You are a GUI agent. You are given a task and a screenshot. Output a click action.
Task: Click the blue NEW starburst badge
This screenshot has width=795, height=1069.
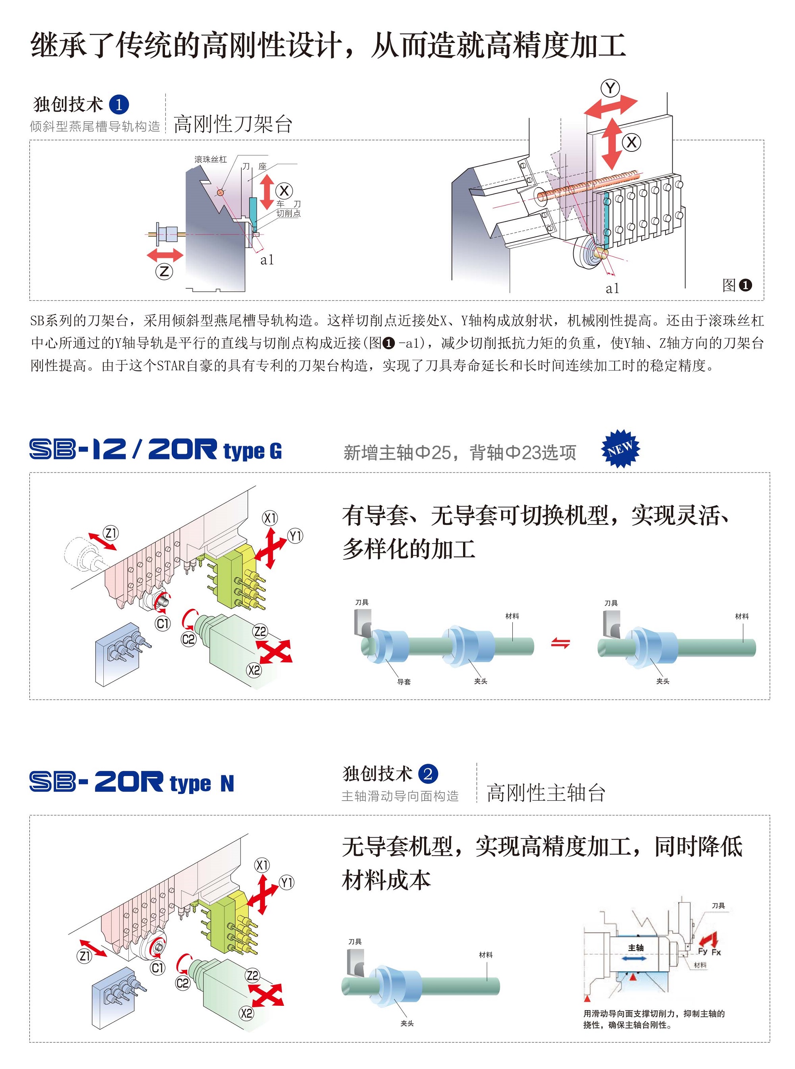pos(620,448)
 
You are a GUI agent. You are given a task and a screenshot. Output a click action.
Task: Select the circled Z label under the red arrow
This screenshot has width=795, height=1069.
pos(164,272)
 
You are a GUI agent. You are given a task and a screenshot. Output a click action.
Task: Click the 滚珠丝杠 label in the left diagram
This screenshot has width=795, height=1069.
pos(210,159)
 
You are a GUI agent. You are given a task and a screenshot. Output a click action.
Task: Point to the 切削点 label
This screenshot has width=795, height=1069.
pos(288,213)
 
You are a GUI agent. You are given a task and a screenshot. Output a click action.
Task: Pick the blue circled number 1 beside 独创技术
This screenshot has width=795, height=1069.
pos(119,105)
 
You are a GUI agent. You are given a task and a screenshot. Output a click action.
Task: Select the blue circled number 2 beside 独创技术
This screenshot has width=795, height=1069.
pos(428,774)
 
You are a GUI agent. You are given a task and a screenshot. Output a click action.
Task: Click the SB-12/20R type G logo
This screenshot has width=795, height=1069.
pos(155,450)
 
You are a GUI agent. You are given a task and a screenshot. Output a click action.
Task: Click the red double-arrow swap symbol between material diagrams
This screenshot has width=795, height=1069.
pos(560,643)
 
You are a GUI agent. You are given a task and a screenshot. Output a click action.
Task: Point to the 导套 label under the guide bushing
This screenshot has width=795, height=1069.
pos(404,681)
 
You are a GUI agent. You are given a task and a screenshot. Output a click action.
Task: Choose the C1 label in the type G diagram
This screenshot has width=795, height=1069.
pos(163,624)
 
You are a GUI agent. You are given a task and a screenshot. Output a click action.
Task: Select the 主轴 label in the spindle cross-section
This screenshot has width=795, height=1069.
pos(635,947)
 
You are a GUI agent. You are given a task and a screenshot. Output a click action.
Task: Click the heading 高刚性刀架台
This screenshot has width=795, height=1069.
pos(233,124)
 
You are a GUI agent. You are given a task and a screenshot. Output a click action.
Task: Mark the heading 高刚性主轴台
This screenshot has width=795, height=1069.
pos(546,793)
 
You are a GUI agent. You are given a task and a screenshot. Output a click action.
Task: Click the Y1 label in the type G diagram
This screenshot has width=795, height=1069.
pos(295,536)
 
